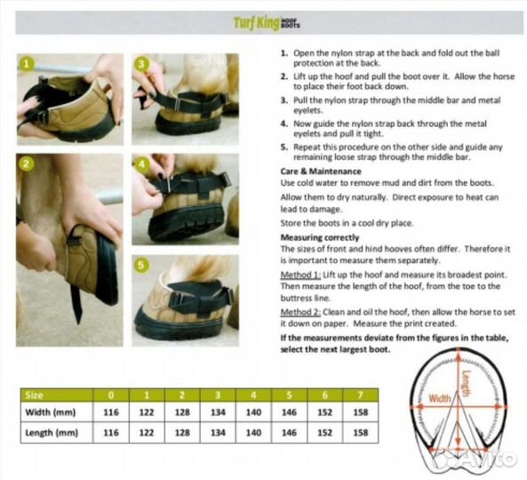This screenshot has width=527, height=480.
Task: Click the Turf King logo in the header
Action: (x=267, y=23)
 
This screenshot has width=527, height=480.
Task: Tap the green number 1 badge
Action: (x=27, y=64)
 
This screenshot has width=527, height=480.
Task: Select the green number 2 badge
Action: (x=27, y=164)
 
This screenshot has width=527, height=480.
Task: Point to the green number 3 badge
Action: (x=141, y=64)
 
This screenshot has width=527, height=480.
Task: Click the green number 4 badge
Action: (x=141, y=164)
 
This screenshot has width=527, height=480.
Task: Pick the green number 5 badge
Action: (x=141, y=265)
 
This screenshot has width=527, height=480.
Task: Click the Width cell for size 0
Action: (x=111, y=412)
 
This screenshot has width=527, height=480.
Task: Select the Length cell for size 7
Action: (x=361, y=433)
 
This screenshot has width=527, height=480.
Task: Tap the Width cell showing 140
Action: (x=253, y=412)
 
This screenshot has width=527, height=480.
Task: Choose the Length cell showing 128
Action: (x=182, y=433)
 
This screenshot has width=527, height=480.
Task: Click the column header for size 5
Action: (x=289, y=396)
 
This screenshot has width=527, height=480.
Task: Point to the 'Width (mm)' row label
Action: (x=51, y=412)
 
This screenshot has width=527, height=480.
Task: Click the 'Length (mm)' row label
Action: (x=52, y=433)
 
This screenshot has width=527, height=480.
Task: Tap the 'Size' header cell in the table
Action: (x=35, y=396)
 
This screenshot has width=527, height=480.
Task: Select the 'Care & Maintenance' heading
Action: (x=321, y=172)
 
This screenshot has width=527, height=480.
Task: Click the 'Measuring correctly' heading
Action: (x=320, y=237)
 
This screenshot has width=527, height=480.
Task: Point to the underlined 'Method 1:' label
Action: (x=300, y=275)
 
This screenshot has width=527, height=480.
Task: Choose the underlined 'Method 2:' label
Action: (x=300, y=312)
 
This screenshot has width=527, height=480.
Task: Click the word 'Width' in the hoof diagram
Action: (x=440, y=398)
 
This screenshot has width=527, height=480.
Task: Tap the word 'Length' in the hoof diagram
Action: (x=467, y=383)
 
